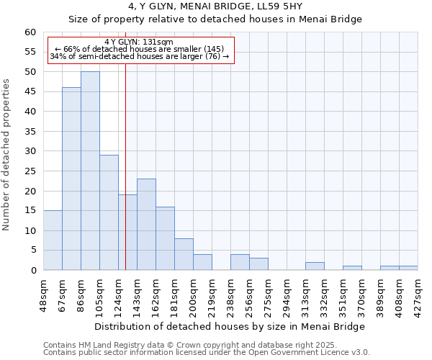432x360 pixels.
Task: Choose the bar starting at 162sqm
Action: (165, 238)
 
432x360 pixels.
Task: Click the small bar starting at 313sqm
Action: (315, 266)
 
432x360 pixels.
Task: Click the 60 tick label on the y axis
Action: (30, 32)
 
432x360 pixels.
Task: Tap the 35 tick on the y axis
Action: (30, 132)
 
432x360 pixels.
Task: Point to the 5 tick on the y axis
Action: (33, 251)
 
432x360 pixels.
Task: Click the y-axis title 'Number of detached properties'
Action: (7, 155)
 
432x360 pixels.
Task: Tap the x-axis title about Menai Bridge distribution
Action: (230, 326)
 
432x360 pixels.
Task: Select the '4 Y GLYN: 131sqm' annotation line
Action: (139, 42)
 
